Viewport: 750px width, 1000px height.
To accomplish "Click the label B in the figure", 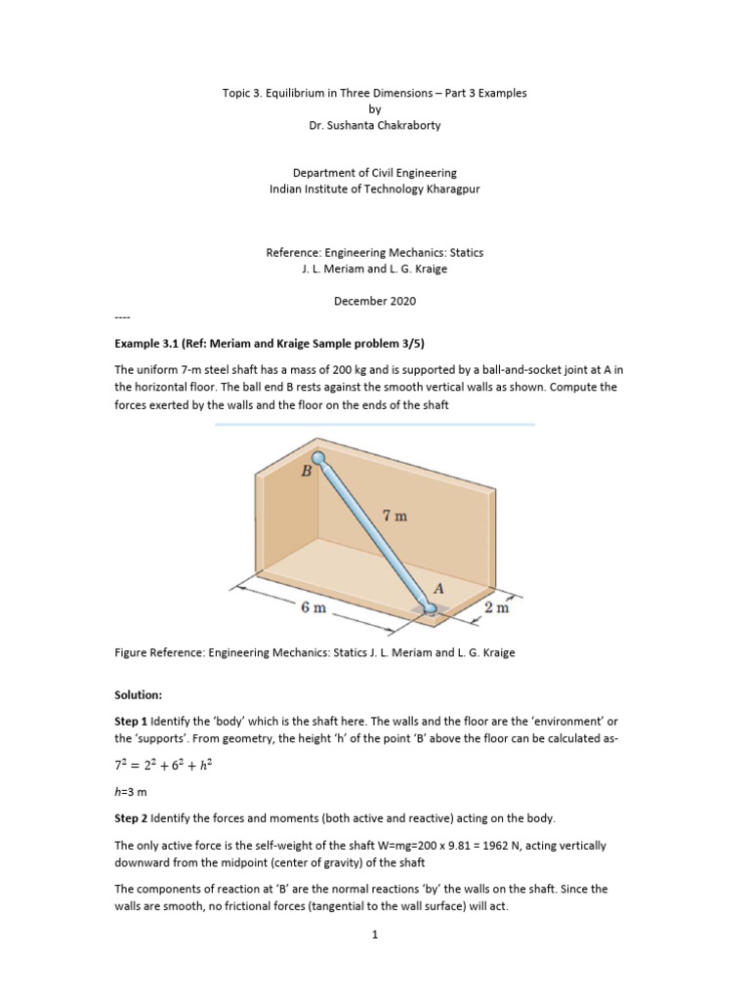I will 307,471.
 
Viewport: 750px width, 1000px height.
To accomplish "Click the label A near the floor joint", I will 438,589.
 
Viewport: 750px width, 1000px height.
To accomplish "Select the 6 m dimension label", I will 312,607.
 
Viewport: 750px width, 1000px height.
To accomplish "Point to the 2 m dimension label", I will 497,607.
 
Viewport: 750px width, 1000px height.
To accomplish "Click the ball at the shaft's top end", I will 318,456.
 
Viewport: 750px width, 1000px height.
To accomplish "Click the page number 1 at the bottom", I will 375,934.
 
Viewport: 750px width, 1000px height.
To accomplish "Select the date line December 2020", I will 375,301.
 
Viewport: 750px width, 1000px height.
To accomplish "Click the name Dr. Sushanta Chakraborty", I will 375,126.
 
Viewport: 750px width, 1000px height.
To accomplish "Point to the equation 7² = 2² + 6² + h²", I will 163,767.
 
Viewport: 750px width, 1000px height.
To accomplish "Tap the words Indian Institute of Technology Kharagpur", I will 375,188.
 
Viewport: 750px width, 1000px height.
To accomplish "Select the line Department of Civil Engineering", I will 375,173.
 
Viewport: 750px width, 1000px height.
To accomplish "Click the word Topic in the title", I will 237,94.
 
